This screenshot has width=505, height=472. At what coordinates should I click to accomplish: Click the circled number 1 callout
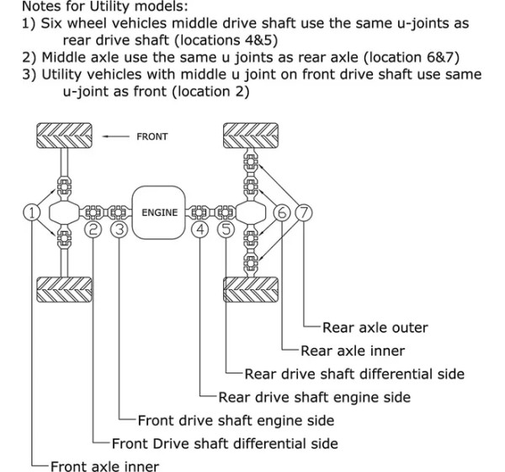tap(32, 212)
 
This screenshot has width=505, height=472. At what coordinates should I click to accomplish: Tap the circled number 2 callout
tap(93, 229)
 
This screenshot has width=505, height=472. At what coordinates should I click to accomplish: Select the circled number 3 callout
tap(120, 229)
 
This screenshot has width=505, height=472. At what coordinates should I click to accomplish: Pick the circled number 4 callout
tap(200, 229)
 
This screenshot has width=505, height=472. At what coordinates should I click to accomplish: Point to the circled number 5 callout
tap(226, 229)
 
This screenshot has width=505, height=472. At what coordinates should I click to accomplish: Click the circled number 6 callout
tap(282, 212)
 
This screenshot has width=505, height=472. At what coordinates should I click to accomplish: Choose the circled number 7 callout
tap(304, 212)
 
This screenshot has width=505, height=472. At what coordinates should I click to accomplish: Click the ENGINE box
tap(159, 212)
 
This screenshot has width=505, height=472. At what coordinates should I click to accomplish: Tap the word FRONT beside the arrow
tap(152, 137)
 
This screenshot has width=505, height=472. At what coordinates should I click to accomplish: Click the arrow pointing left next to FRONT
tap(115, 137)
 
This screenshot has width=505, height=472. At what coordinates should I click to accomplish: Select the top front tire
tap(64, 136)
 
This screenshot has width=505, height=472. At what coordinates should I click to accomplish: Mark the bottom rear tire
tap(251, 290)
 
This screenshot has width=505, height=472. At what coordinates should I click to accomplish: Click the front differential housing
tap(64, 212)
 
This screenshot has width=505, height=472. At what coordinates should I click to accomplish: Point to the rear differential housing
tap(251, 212)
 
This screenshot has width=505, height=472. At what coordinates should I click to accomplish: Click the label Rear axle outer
tap(375, 328)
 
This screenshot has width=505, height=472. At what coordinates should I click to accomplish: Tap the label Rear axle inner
tap(353, 351)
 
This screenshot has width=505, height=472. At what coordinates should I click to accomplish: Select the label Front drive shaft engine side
tap(236, 421)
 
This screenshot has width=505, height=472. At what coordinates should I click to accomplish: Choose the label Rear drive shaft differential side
tap(354, 374)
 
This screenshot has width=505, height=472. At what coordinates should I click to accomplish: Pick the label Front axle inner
tap(104, 466)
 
